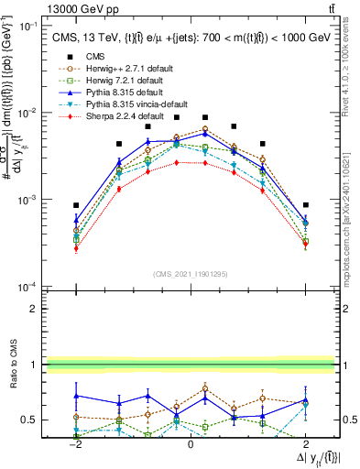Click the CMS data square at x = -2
(76, 205)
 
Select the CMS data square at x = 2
(305, 205)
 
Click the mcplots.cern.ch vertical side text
(351, 211)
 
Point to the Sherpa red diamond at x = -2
(76, 248)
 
